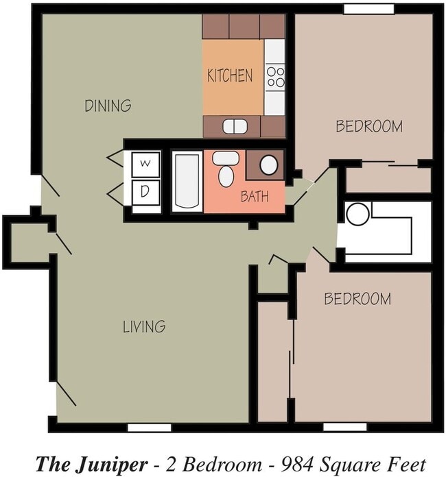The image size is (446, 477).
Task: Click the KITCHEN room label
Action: [230, 75]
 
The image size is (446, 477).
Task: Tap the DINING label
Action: [108, 106]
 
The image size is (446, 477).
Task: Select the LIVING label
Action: [144, 326]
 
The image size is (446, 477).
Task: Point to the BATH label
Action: [255, 196]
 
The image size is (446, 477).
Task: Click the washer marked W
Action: [145, 164]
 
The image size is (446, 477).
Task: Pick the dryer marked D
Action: [145, 193]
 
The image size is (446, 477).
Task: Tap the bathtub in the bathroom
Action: [187, 182]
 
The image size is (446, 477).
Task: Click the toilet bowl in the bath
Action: [226, 176]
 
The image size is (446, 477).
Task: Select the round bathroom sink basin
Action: [269, 165]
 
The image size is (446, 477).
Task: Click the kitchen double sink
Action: [235, 126]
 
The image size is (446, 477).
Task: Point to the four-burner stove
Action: [275, 77]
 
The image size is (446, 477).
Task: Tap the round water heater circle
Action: [358, 214]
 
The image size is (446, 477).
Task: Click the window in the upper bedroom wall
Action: [369, 9]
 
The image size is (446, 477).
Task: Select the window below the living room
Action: [150, 428]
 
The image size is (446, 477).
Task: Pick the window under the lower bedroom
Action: [345, 427]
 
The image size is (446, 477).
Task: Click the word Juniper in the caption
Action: [113, 465]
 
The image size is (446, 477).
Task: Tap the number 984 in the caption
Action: [297, 465]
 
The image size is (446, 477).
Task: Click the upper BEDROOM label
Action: [369, 126]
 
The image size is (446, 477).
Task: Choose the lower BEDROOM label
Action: [357, 299]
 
